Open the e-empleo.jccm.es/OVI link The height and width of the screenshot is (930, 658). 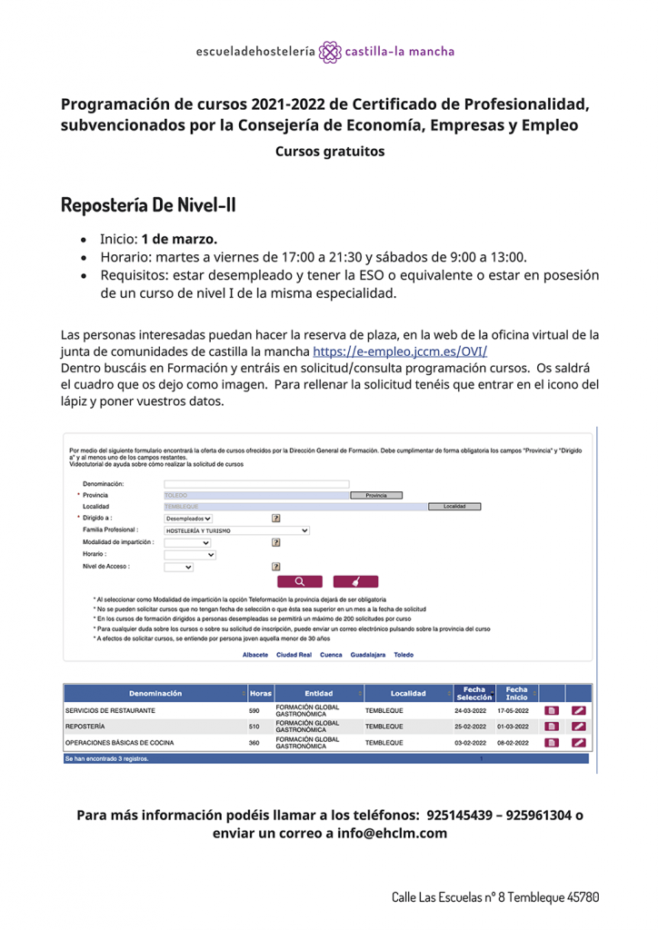click(405, 351)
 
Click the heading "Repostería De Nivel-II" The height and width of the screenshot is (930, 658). click(148, 204)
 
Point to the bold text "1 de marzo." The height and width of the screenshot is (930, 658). click(179, 240)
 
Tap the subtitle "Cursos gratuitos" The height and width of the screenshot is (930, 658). click(330, 151)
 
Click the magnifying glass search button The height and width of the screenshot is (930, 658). click(299, 581)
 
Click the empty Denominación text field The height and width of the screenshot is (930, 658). click(255, 484)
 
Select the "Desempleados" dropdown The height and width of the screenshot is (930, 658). click(188, 518)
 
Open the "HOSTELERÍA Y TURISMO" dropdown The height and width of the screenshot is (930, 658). click(236, 529)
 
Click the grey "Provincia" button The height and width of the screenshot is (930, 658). click(375, 495)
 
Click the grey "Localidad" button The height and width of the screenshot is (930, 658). click(454, 506)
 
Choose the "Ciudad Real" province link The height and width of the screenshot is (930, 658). click(294, 654)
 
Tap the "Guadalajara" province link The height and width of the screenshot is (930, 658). click(368, 654)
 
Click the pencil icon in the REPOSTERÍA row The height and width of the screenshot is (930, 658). click(578, 726)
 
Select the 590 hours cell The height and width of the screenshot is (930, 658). click(254, 709)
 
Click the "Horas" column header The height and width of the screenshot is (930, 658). click(260, 693)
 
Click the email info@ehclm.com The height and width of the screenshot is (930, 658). click(391, 833)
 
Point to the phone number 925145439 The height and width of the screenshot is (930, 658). click(462, 815)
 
